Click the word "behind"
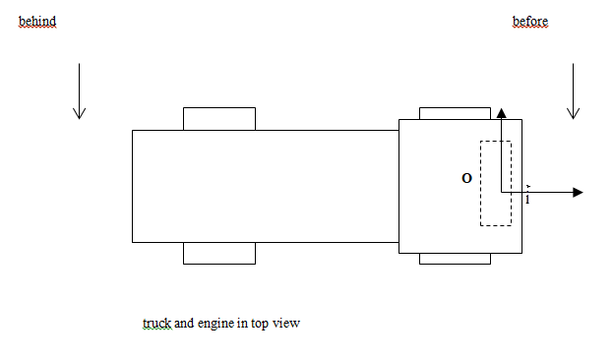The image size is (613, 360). click(37, 21)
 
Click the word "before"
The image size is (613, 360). click(530, 21)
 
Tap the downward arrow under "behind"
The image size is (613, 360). click(80, 91)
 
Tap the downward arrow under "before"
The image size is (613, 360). click(573, 91)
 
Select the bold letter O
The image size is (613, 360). click(466, 178)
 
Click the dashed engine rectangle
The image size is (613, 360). click(480, 183)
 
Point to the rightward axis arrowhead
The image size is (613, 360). click(578, 193)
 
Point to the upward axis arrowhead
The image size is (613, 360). click(502, 113)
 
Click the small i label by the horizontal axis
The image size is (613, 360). click(527, 198)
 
